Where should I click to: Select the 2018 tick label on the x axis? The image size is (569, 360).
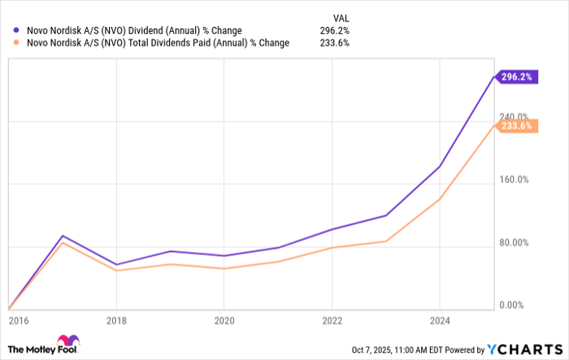click(x=117, y=320)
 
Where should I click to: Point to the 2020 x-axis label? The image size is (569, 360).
click(x=224, y=320)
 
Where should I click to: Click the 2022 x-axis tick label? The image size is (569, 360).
click(x=332, y=320)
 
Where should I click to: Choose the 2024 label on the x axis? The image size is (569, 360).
click(x=439, y=320)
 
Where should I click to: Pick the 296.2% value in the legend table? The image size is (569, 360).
click(x=335, y=31)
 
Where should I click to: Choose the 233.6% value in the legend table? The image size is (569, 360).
click(x=335, y=44)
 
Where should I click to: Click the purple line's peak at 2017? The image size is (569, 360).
click(x=63, y=236)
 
